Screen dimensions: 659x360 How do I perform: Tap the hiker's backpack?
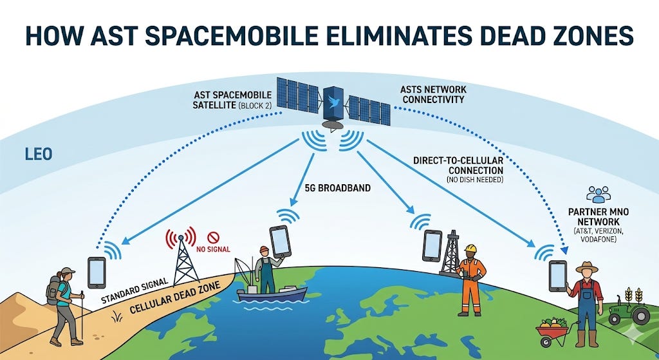click(53, 290)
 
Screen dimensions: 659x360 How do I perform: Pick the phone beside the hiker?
click(97, 272)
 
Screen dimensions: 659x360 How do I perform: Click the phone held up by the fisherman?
click(280, 241)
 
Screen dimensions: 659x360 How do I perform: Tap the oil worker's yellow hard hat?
click(470, 248)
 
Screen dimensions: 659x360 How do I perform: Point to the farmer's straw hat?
click(587, 267)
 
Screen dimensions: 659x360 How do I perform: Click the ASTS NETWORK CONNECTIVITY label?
click(432, 94)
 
